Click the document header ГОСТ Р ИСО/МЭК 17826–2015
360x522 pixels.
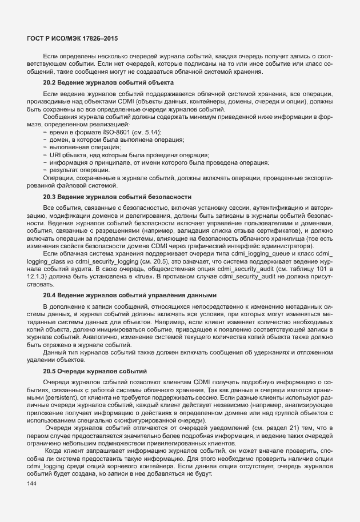[x=73, y=38]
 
